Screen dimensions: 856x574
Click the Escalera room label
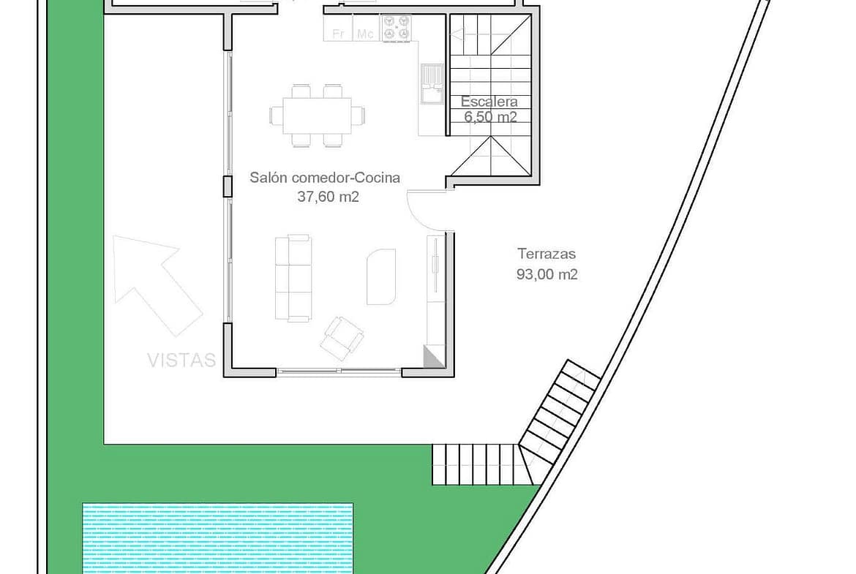click(489, 102)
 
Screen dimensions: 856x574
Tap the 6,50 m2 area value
click(490, 117)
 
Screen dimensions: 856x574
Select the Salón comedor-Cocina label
click(325, 178)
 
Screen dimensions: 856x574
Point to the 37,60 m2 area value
click(328, 197)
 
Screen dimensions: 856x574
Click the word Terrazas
click(547, 254)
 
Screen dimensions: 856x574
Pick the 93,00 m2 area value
click(547, 274)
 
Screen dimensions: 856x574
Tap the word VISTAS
click(181, 360)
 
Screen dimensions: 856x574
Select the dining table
click(318, 116)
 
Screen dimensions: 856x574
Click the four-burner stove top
click(396, 28)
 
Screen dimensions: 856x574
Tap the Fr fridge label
click(338, 34)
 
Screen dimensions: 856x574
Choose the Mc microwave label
click(365, 34)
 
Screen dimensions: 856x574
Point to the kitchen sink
click(432, 83)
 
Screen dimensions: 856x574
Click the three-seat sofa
click(293, 279)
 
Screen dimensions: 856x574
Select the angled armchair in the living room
click(342, 339)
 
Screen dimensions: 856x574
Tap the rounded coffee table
click(381, 276)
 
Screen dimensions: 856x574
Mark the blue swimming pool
click(218, 538)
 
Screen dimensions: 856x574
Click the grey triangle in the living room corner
click(435, 356)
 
